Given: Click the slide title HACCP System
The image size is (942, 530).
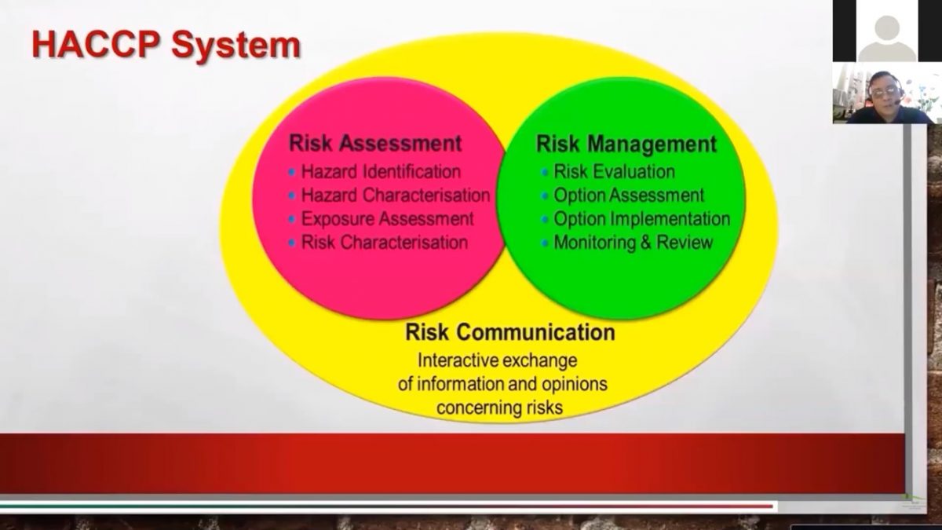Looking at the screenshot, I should (x=166, y=45).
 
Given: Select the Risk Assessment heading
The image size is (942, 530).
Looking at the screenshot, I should (x=375, y=144).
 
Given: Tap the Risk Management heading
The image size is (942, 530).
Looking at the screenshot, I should (x=626, y=144).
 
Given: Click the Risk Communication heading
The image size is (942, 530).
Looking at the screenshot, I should (x=509, y=332).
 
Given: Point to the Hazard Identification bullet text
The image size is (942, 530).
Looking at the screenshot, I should (x=381, y=171).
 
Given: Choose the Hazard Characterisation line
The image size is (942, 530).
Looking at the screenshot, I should (x=395, y=195).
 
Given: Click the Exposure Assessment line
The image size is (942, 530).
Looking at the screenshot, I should (x=387, y=218).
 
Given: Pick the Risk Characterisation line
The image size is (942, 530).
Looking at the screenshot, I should (x=384, y=242).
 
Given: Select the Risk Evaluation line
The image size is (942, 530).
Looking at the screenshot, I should (x=614, y=171).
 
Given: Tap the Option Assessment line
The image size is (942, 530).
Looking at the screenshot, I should (x=629, y=195).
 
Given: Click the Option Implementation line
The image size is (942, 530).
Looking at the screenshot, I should (x=641, y=218).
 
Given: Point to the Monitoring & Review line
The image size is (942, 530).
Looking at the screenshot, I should (x=633, y=242).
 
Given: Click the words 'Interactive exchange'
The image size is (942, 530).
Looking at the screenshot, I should (x=498, y=361).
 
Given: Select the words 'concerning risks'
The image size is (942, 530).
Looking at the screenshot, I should (x=500, y=408).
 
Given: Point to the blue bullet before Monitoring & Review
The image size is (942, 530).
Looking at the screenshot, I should (x=545, y=243).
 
